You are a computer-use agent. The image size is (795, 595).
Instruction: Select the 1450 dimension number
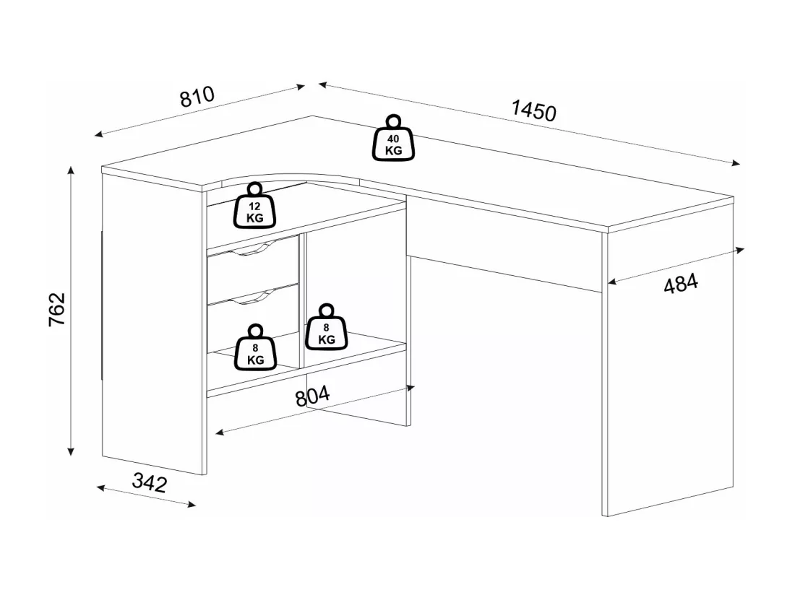(534, 110)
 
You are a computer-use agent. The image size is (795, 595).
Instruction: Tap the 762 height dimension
(57, 309)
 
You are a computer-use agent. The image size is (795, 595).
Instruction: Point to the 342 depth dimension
(150, 482)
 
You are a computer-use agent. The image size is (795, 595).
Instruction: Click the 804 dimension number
(312, 396)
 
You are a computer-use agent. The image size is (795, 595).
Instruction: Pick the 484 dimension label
(681, 284)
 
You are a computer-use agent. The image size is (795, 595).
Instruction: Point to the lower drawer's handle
(253, 297)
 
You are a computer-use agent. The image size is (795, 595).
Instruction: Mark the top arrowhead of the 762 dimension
(71, 170)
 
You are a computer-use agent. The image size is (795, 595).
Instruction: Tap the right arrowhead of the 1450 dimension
(736, 162)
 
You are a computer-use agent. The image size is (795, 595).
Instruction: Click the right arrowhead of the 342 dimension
(192, 504)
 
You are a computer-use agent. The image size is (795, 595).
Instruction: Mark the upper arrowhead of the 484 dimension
(740, 250)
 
